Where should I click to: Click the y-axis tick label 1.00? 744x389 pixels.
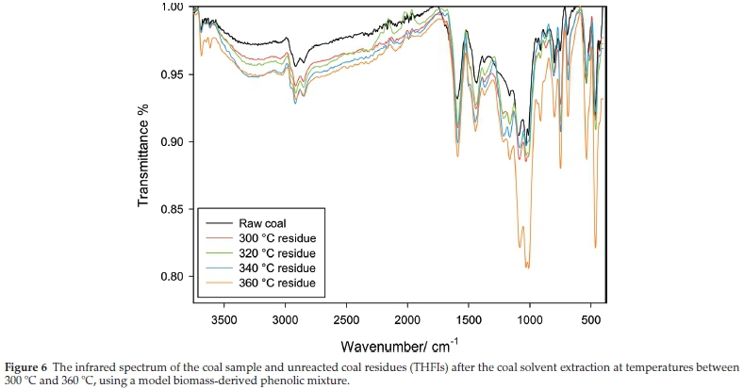(x=173, y=8)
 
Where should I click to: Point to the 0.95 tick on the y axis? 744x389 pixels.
(x=173, y=74)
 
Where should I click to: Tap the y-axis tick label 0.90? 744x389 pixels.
(x=173, y=142)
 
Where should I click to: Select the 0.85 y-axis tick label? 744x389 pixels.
(x=173, y=209)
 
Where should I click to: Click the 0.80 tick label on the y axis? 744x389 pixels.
(x=173, y=277)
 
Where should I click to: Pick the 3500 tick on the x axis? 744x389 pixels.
(x=223, y=319)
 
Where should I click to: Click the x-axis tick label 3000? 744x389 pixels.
(x=285, y=319)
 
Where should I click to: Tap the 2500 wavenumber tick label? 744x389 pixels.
(x=346, y=319)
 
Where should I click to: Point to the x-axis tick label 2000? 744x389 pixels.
(x=407, y=319)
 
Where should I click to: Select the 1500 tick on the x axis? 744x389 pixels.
(x=468, y=319)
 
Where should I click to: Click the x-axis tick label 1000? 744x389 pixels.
(x=529, y=319)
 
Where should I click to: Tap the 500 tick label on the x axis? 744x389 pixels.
(x=590, y=319)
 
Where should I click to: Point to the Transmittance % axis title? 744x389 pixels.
(x=144, y=156)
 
